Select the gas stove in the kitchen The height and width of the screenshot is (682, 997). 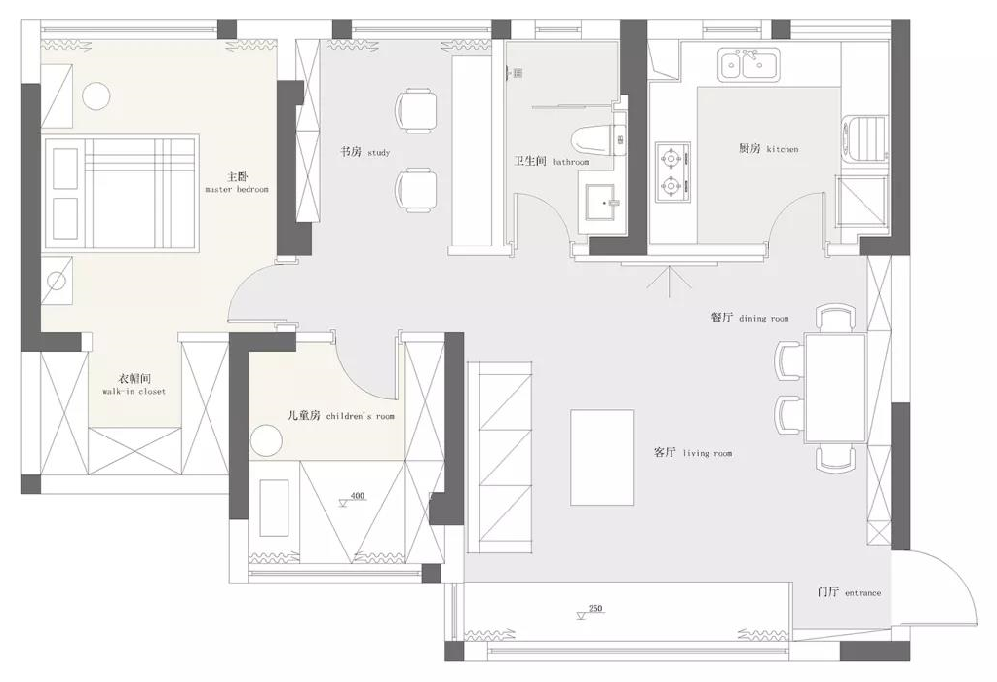(x=672, y=171)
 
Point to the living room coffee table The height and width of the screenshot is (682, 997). (x=602, y=457)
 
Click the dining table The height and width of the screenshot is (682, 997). (x=835, y=388)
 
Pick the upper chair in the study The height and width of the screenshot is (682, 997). (x=416, y=111)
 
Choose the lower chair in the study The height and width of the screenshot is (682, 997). (x=416, y=190)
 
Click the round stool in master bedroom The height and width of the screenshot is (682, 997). (x=97, y=97)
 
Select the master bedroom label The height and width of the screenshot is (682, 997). (x=237, y=182)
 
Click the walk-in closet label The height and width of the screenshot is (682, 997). (x=134, y=385)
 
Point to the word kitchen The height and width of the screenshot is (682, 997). (x=782, y=149)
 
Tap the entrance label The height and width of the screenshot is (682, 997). (x=850, y=592)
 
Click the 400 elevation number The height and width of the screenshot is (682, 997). (x=358, y=496)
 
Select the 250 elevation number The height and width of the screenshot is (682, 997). (x=595, y=608)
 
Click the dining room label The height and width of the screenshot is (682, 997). (x=749, y=318)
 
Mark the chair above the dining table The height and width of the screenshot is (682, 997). (x=835, y=319)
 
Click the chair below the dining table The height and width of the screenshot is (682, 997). (x=835, y=457)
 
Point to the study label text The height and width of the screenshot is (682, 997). (x=364, y=152)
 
